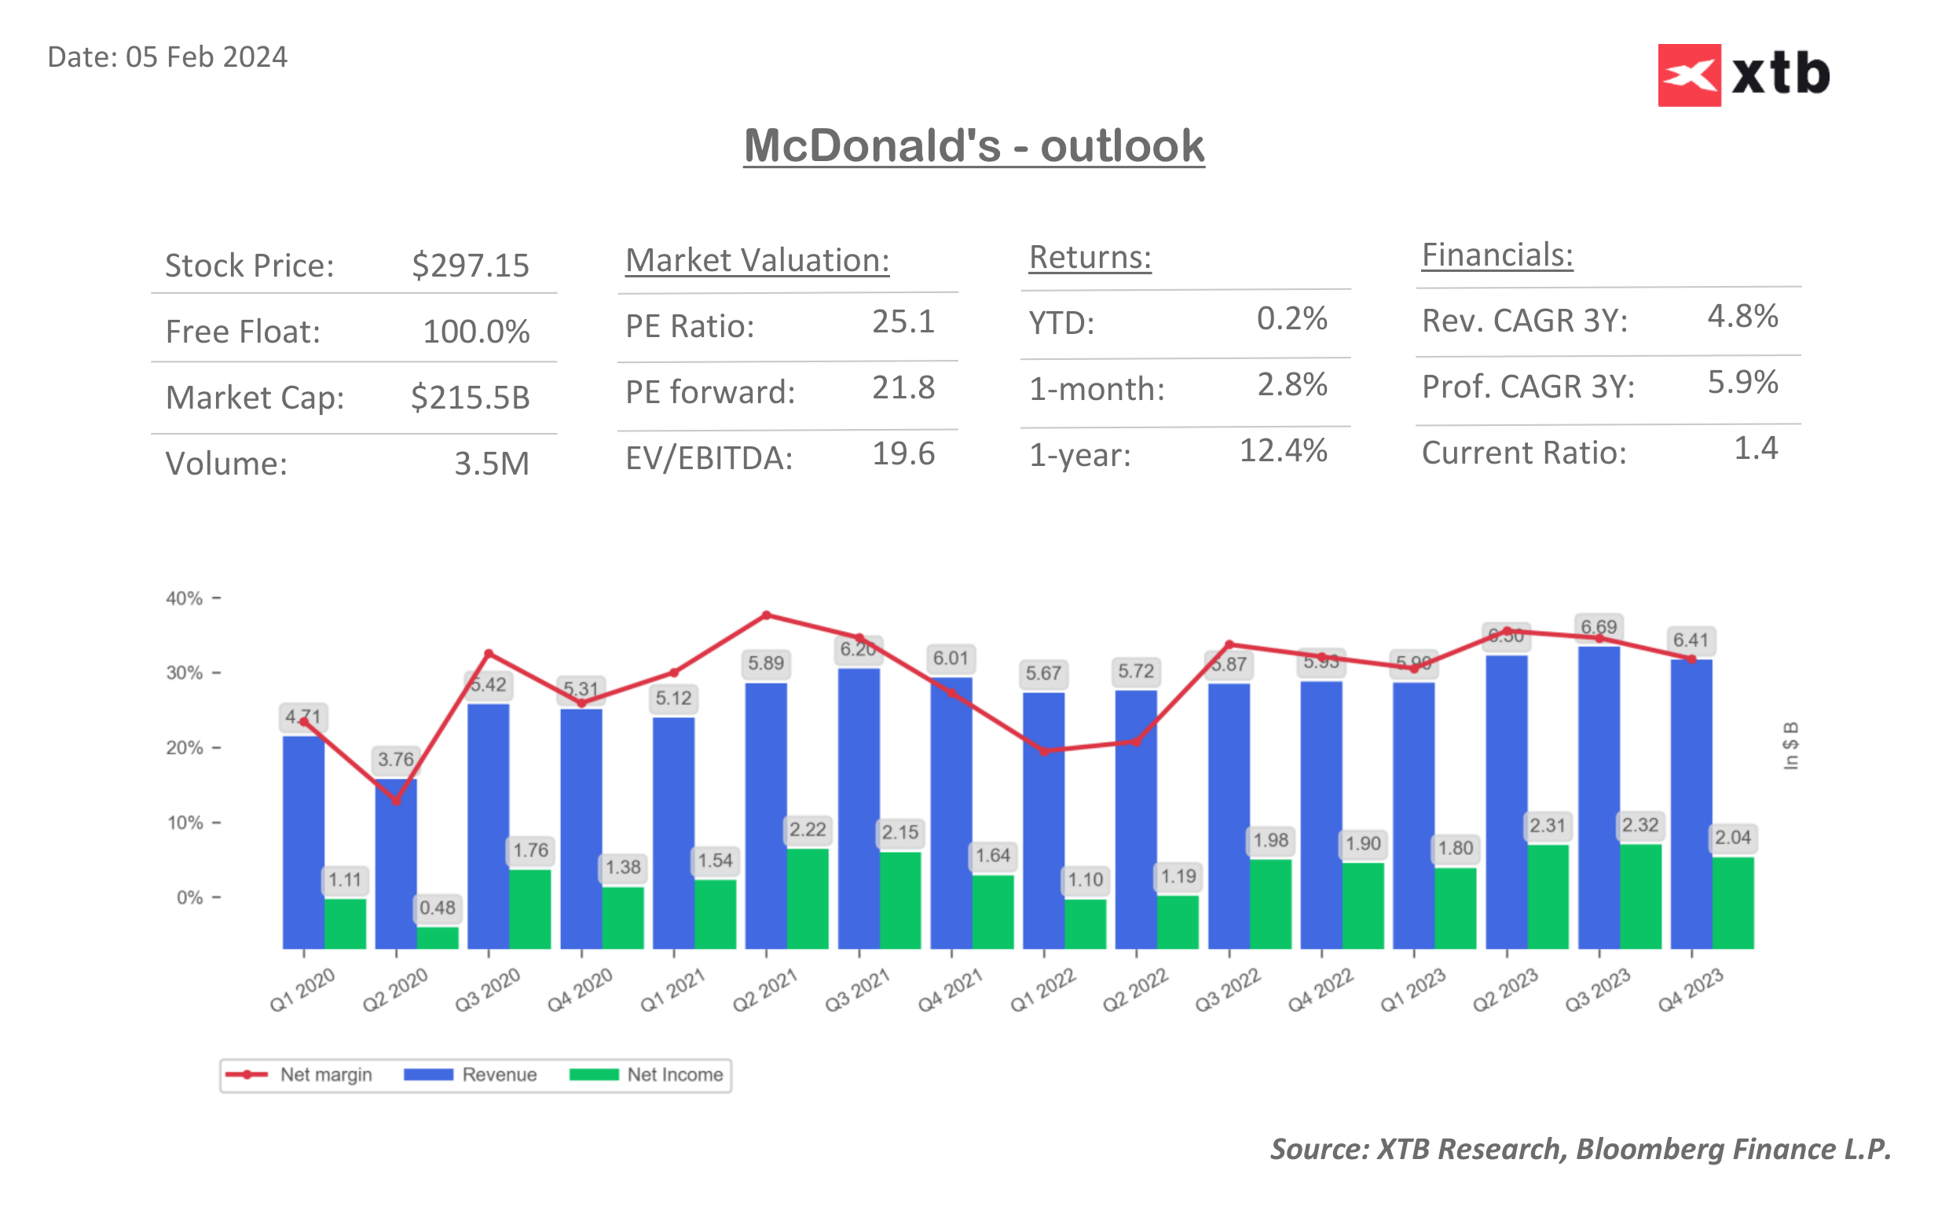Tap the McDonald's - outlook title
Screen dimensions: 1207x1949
click(x=973, y=146)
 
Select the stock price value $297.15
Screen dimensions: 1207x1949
click(x=470, y=266)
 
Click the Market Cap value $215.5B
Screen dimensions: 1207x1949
click(x=470, y=398)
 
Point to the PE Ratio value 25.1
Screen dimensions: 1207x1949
click(x=903, y=321)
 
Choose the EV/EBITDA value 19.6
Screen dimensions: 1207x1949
click(x=903, y=454)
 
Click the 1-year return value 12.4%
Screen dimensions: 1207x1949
click(x=1282, y=451)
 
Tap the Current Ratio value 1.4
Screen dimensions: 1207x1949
click(x=1755, y=449)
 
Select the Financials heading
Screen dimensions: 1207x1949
click(x=1497, y=255)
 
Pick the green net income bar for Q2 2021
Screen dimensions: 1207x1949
click(x=808, y=898)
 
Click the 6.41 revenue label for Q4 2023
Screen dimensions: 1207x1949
click(x=1691, y=640)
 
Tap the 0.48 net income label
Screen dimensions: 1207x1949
click(x=438, y=908)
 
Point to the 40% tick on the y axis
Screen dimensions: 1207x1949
click(x=185, y=598)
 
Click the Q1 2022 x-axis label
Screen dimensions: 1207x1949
click(x=1042, y=991)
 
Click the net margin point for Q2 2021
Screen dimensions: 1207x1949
click(x=766, y=615)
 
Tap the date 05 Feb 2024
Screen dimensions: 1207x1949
click(x=206, y=57)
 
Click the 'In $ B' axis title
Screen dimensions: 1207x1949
click(x=1790, y=746)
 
